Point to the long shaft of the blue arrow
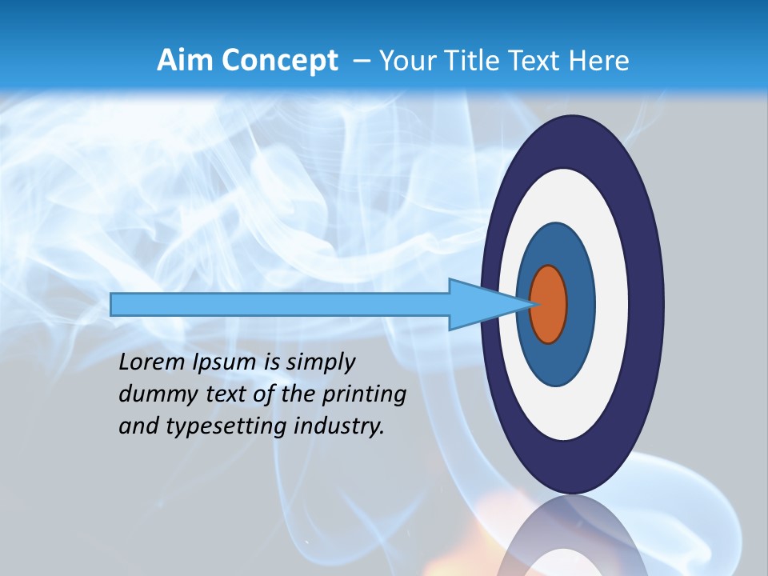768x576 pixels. tap(280, 305)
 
